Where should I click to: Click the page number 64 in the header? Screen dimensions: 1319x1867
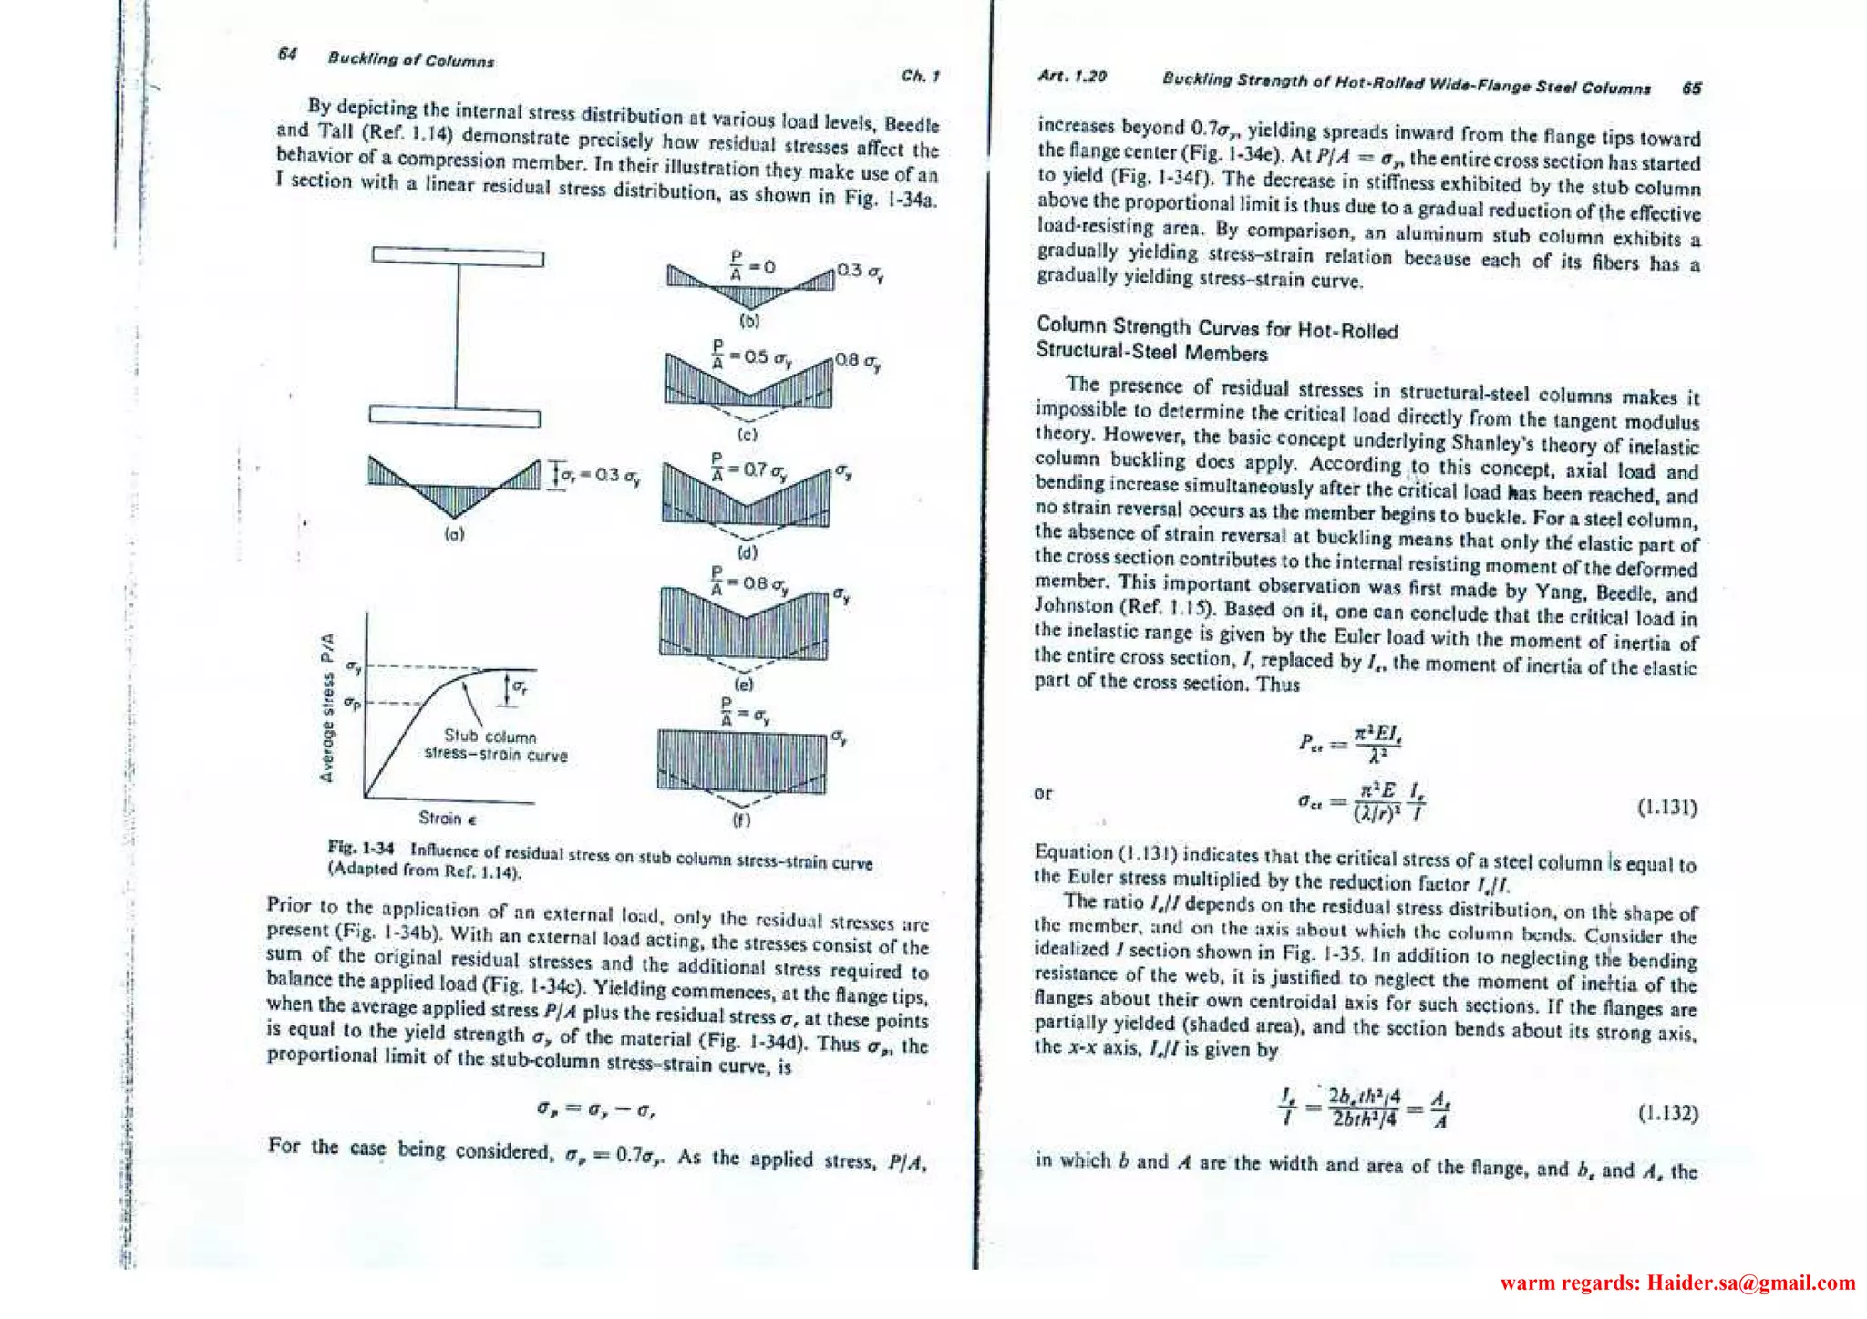287,54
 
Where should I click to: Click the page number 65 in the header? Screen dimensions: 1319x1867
1691,88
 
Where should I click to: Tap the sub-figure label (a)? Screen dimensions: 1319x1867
454,534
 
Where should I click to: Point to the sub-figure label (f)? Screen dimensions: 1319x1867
741,819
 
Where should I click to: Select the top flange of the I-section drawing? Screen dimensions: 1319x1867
458,257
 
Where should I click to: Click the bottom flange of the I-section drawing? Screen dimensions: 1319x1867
455,417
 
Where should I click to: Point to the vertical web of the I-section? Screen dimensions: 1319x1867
457,337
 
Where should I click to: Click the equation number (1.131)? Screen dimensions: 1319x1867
1667,807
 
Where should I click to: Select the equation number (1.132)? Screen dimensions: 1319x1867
1668,1113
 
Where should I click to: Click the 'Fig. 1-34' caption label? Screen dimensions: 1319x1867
360,848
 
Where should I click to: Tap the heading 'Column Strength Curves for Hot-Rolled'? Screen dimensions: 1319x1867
1217,328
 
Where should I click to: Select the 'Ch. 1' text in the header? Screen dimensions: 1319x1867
919,76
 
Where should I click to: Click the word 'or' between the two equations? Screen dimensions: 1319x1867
1043,793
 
